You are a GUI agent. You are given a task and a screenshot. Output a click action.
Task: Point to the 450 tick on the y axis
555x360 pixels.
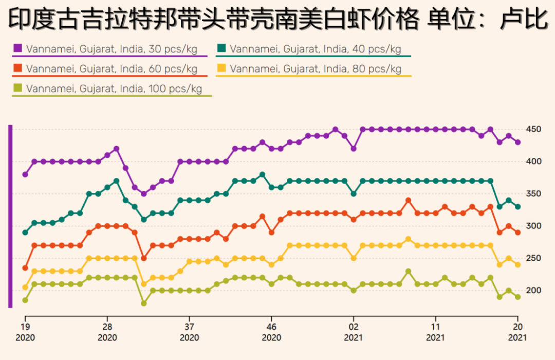pyautogui.click(x=533, y=129)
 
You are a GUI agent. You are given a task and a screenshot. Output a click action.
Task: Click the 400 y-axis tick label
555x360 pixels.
pyautogui.click(x=533, y=161)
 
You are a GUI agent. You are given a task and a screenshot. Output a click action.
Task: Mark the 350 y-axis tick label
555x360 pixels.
pyautogui.click(x=533, y=194)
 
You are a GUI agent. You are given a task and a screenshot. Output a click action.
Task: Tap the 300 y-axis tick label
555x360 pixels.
pyautogui.click(x=533, y=226)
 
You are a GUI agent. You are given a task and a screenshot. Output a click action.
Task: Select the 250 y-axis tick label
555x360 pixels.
pyautogui.click(x=533, y=258)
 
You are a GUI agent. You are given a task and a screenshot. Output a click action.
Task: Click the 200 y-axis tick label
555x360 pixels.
pyautogui.click(x=533, y=291)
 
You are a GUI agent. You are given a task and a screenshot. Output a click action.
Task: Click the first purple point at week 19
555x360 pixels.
pyautogui.click(x=25, y=174)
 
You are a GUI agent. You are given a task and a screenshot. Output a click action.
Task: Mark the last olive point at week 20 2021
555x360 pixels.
pyautogui.click(x=518, y=297)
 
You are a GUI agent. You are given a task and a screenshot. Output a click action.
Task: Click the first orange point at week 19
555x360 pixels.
pyautogui.click(x=25, y=268)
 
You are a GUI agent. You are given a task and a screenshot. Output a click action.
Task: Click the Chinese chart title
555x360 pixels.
pyautogui.click(x=277, y=20)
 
